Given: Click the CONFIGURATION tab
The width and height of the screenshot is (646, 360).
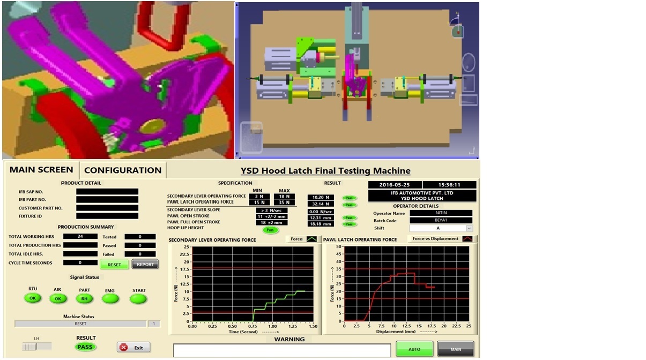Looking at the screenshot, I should [x=123, y=170].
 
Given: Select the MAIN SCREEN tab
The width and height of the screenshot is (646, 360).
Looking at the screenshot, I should [x=41, y=170].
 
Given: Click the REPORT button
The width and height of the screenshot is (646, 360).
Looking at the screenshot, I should [x=145, y=264].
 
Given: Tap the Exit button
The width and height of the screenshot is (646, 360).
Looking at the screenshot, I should [x=133, y=348].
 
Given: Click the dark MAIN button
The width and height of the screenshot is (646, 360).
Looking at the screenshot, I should [x=455, y=349].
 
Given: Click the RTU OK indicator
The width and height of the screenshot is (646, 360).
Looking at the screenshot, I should [x=33, y=298].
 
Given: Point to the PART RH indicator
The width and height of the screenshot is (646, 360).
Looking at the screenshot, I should [x=84, y=299].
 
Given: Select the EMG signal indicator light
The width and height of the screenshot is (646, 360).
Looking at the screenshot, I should [x=110, y=299].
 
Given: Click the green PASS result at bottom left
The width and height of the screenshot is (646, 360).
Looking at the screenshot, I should [x=85, y=347].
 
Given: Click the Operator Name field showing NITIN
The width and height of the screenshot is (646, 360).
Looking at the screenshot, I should [x=441, y=213].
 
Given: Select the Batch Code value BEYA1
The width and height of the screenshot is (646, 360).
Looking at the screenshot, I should [x=441, y=221].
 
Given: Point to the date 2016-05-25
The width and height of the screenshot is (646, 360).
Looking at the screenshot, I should [x=394, y=185].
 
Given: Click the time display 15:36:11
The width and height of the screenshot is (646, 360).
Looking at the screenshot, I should [x=449, y=185].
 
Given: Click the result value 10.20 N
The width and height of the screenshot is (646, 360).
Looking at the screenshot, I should [x=320, y=197].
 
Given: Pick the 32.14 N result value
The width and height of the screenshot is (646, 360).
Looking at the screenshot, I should [x=320, y=204].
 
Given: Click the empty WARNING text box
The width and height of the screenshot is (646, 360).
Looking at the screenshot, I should [x=282, y=350].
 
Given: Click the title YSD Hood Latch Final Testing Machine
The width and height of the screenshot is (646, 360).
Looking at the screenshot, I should [x=325, y=171].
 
